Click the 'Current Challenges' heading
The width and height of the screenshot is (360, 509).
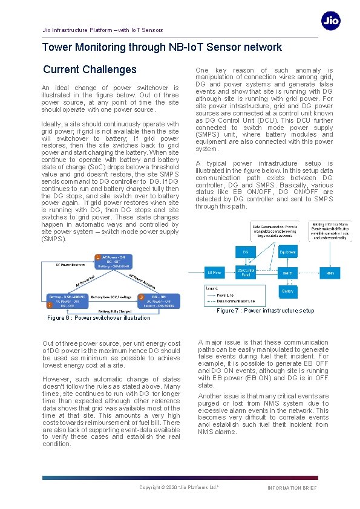pyautogui.click(x=90, y=70)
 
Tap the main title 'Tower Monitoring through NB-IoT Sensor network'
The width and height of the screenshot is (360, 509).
pyautogui.click(x=162, y=47)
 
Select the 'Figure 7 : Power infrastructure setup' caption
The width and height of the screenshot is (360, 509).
pyautogui.click(x=265, y=311)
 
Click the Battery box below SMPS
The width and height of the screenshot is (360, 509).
pyautogui.click(x=288, y=291)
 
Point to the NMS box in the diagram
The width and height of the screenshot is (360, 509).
pyautogui.click(x=329, y=273)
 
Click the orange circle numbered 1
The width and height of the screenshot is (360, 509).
pyautogui.click(x=98, y=258)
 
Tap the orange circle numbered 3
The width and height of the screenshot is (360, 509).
pyautogui.click(x=141, y=297)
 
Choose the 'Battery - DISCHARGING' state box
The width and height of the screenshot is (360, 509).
pyautogui.click(x=67, y=297)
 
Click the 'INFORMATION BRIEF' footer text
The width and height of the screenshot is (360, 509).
pyautogui.click(x=292, y=488)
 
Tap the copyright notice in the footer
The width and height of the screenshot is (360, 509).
pyautogui.click(x=179, y=487)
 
